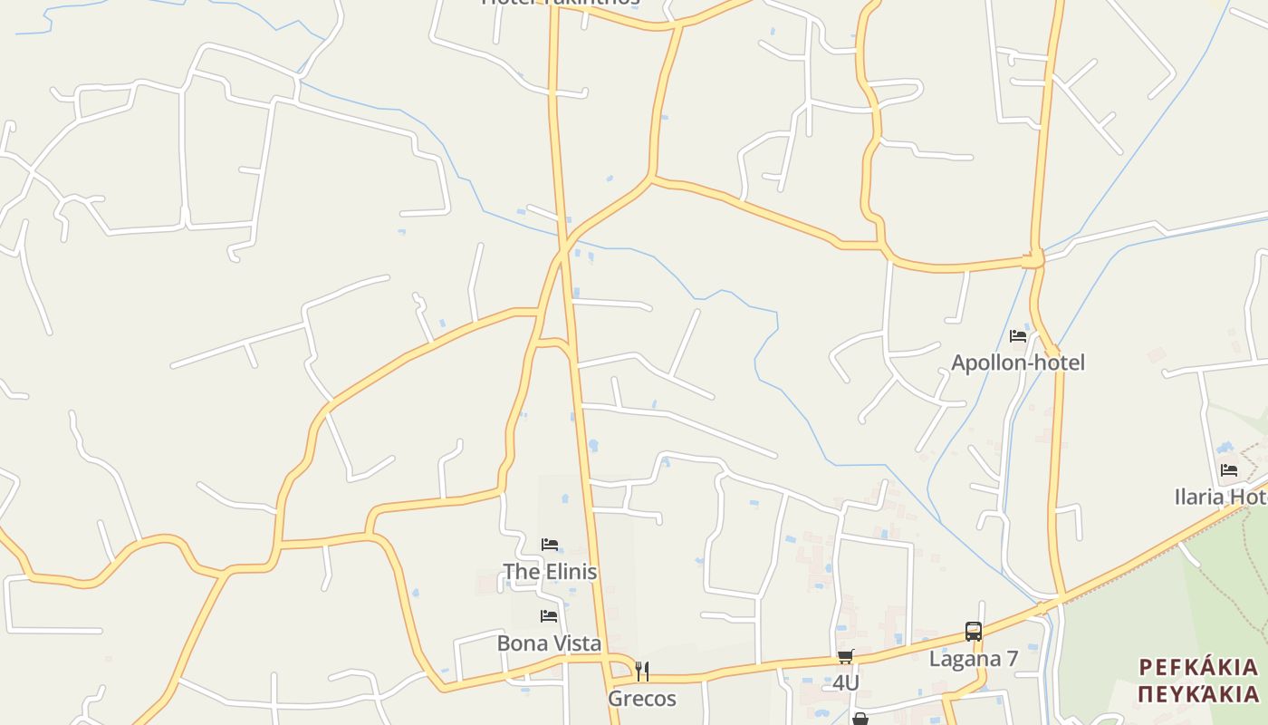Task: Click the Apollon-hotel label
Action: point(1017,362)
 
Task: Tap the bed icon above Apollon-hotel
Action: point(1018,336)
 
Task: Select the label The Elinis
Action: point(550,572)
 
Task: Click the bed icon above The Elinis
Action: point(550,545)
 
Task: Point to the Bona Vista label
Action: point(549,643)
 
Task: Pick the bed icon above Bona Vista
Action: point(549,616)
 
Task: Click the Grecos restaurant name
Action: point(641,699)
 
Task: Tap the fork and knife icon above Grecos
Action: point(641,672)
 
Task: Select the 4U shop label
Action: point(845,682)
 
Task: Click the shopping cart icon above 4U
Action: point(845,656)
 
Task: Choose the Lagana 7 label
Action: point(974,659)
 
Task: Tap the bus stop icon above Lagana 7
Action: point(974,632)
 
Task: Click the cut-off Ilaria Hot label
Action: point(1220,497)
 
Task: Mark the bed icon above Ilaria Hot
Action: point(1229,470)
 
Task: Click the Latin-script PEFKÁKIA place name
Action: point(1198,668)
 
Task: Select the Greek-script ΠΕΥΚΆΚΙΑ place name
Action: point(1198,694)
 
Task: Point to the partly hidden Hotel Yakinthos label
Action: point(561,3)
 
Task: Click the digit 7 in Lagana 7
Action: point(1012,659)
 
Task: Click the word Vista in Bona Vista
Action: point(576,643)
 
